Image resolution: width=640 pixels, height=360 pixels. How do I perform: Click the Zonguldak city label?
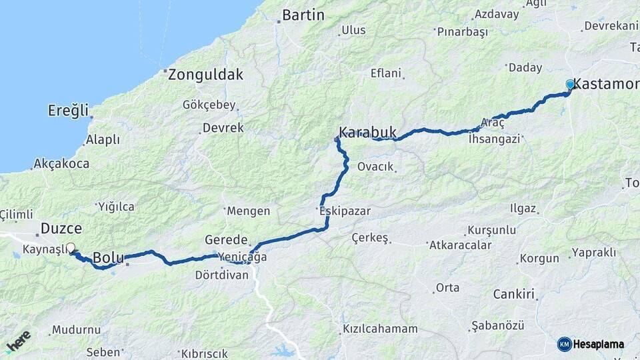click(205, 75)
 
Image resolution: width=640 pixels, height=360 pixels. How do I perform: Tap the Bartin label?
click(303, 15)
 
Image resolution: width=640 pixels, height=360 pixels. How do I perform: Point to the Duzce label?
click(61, 228)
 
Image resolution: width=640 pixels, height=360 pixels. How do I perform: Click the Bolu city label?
click(109, 257)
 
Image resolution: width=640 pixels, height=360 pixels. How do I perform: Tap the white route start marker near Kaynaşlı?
click(71, 248)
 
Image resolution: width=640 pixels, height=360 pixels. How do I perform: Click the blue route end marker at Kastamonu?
click(570, 85)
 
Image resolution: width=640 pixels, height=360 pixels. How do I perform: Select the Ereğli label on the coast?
click(68, 111)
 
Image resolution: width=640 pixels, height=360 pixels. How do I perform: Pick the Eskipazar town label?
click(345, 211)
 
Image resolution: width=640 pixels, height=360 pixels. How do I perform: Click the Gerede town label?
click(227, 239)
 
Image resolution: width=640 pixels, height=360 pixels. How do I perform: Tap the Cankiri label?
click(514, 294)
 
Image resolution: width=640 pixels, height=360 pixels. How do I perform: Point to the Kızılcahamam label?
click(380, 329)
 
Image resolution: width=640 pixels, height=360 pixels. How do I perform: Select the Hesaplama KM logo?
click(591, 344)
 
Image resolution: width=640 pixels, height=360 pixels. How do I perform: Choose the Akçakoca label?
click(61, 163)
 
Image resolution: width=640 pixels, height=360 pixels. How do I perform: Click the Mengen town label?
click(249, 211)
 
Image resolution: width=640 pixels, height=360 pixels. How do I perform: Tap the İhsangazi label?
click(494, 139)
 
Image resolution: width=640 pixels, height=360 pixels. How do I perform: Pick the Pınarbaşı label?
click(462, 31)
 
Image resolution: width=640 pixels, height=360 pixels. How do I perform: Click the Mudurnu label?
click(76, 329)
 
